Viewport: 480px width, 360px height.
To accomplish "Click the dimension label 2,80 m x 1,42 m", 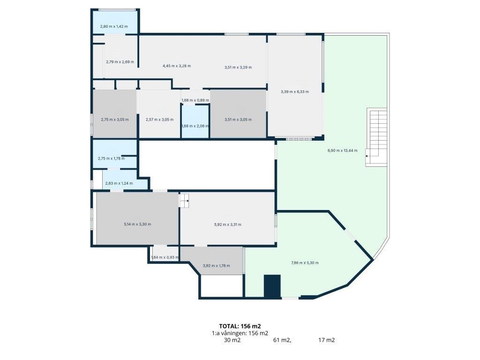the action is pyautogui.click(x=114, y=26).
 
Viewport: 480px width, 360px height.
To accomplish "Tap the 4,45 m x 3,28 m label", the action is pyautogui.click(x=177, y=66).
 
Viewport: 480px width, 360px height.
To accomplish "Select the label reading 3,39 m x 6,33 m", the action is pyautogui.click(x=294, y=91).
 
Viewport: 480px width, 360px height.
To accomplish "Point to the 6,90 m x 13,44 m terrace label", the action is pyautogui.click(x=342, y=150).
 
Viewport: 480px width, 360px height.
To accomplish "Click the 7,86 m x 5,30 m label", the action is pyautogui.click(x=305, y=262).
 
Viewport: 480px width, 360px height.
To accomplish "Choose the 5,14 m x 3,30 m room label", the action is pyautogui.click(x=137, y=224).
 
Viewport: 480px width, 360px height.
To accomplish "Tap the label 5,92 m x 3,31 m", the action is pyautogui.click(x=227, y=225).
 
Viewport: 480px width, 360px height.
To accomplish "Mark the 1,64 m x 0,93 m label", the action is pyautogui.click(x=165, y=257).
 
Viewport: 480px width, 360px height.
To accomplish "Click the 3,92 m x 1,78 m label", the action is pyautogui.click(x=216, y=266).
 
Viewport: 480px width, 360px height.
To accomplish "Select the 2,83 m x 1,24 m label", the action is pyautogui.click(x=119, y=183).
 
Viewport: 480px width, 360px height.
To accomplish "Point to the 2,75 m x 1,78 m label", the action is pyautogui.click(x=111, y=158).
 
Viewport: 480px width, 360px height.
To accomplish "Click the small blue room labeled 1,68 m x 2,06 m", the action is pyautogui.click(x=195, y=121).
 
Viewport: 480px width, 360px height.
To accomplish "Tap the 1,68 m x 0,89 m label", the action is pyautogui.click(x=195, y=100).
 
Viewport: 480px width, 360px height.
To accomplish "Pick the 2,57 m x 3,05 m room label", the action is pyautogui.click(x=159, y=120).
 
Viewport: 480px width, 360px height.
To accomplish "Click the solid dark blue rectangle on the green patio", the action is pyautogui.click(x=272, y=286).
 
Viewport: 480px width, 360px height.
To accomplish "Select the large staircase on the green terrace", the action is pyautogui.click(x=377, y=137).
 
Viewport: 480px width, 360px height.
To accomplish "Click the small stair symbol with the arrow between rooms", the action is pyautogui.click(x=184, y=201).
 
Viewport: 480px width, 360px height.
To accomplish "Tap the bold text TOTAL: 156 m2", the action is pyautogui.click(x=240, y=326).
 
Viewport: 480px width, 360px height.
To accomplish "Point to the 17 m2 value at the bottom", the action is pyautogui.click(x=326, y=340).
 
